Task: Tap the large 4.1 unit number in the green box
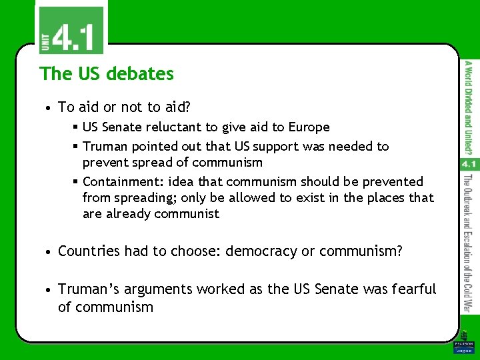74,37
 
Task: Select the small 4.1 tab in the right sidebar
468,163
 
